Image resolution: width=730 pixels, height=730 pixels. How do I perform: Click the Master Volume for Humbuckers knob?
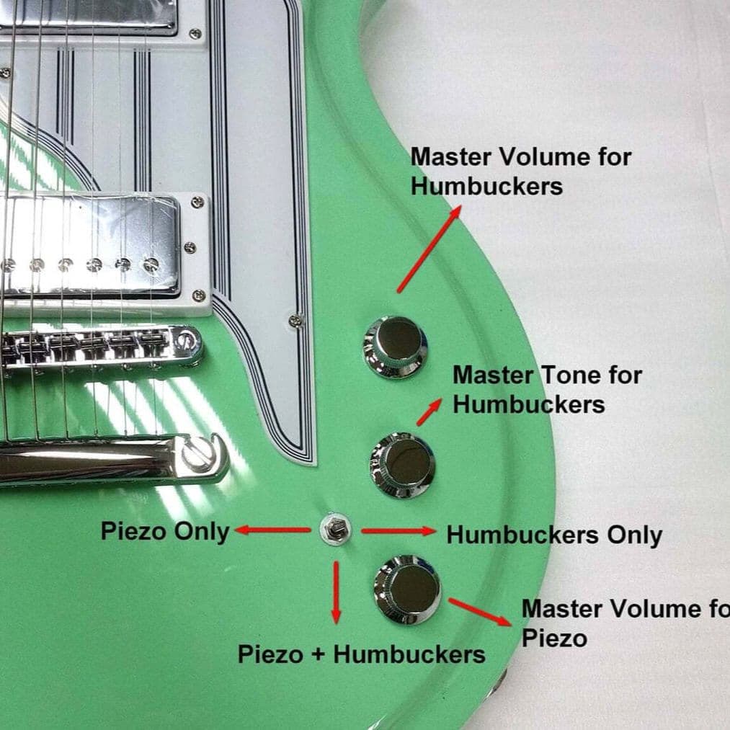tap(395, 347)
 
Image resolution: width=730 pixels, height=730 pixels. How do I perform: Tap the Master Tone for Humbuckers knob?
tap(403, 465)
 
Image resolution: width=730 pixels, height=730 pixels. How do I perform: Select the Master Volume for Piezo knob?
tap(407, 589)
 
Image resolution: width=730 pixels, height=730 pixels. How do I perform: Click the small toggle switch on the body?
tap(336, 530)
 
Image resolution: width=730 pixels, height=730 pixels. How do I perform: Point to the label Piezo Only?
tap(165, 531)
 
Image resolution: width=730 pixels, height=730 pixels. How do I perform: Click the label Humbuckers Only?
tap(554, 535)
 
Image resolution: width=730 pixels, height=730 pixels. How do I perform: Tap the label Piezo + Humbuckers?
tap(362, 654)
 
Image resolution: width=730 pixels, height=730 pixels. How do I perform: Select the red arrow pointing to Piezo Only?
tap(273, 530)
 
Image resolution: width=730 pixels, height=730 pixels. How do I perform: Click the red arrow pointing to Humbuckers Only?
tap(399, 530)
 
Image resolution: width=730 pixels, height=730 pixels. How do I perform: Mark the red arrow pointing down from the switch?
tap(336, 592)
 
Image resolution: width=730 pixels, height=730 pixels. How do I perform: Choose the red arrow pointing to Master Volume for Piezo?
tap(481, 612)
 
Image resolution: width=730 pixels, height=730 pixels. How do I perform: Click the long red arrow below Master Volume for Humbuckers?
tap(429, 249)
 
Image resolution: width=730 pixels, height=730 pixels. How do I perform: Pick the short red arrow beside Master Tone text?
tap(429, 412)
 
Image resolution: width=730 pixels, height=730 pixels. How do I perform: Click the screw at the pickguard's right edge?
tap(295, 320)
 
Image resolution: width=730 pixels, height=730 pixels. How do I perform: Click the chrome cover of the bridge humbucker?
tap(89, 246)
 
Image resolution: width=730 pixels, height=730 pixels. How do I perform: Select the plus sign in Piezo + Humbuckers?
tap(318, 654)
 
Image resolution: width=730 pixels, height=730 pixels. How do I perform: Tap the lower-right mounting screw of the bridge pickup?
tap(199, 295)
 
